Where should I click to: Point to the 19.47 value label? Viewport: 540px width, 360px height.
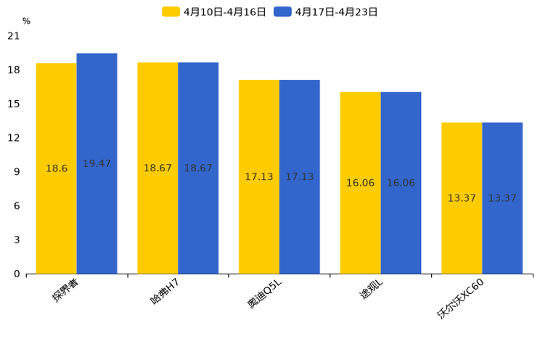click(97, 164)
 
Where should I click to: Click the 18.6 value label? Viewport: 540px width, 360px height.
click(57, 168)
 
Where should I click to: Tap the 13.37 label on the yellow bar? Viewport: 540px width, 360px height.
click(462, 198)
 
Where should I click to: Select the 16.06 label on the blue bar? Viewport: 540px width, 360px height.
click(401, 183)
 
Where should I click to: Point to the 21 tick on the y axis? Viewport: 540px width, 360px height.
click(13, 36)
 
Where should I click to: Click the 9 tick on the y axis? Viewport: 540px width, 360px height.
click(17, 172)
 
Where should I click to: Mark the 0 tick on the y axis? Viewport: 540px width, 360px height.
click(17, 274)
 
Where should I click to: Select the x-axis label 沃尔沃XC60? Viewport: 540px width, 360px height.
click(460, 298)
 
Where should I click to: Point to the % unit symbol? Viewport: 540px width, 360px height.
click(26, 22)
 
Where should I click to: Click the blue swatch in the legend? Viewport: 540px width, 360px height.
click(282, 12)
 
